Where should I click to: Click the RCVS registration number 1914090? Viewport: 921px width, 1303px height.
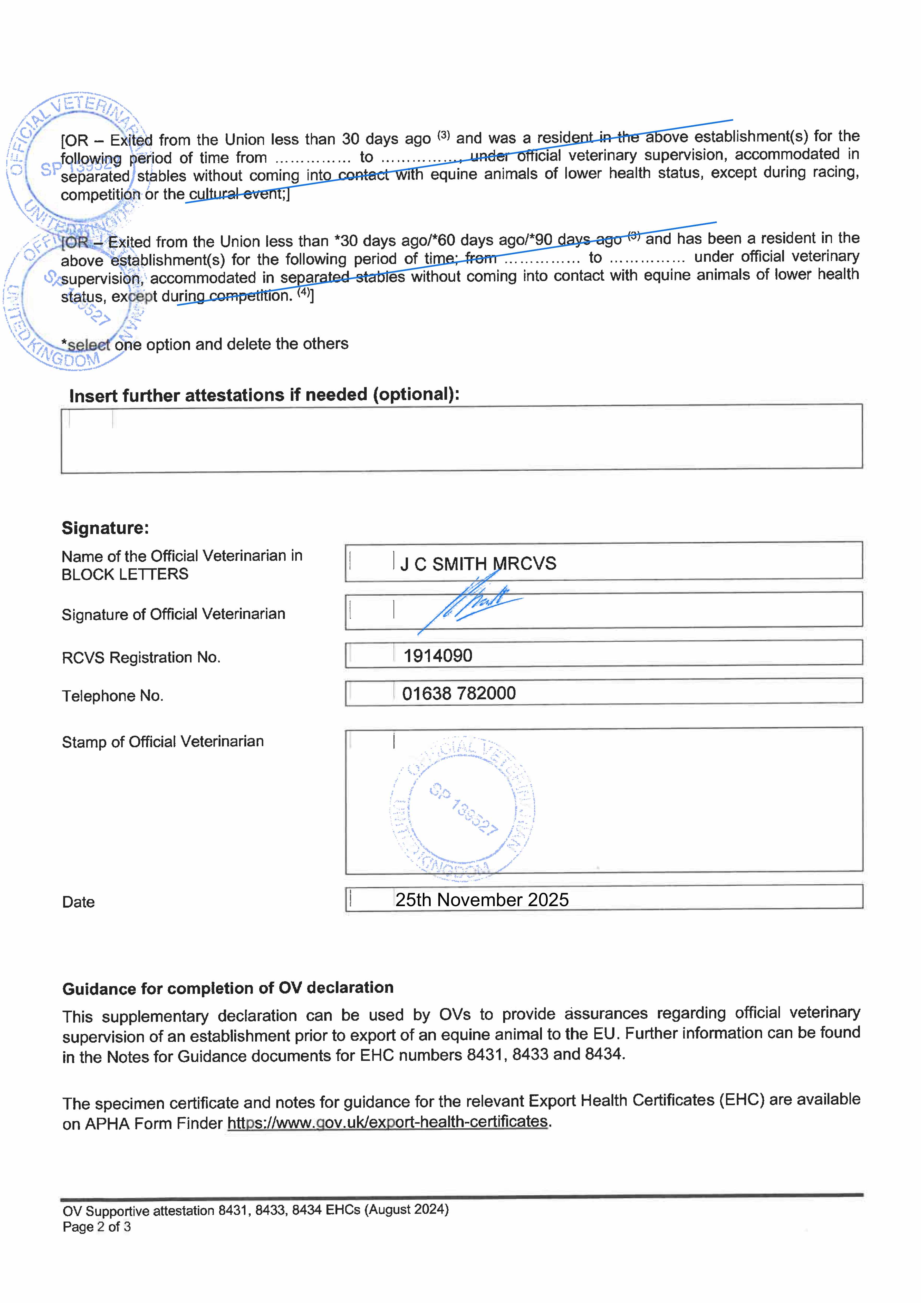point(437,655)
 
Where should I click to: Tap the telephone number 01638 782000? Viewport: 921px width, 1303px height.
point(459,693)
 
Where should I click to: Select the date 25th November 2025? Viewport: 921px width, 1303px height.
point(482,900)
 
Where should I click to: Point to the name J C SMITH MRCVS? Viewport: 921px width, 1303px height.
point(478,563)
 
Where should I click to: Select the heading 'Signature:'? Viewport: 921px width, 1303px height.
point(105,528)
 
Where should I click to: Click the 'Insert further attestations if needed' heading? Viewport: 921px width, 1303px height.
point(264,395)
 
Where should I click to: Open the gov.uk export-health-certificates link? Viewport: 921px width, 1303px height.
point(388,1122)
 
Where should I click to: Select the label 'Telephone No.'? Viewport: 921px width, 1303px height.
point(112,696)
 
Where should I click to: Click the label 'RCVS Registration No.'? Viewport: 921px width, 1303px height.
point(141,657)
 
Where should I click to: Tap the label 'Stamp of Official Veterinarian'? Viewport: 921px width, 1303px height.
point(162,742)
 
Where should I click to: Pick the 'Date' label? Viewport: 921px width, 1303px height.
point(78,902)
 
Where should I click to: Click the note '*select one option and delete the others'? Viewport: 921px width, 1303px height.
point(204,344)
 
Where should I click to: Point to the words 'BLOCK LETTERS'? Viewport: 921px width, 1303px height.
point(125,574)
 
